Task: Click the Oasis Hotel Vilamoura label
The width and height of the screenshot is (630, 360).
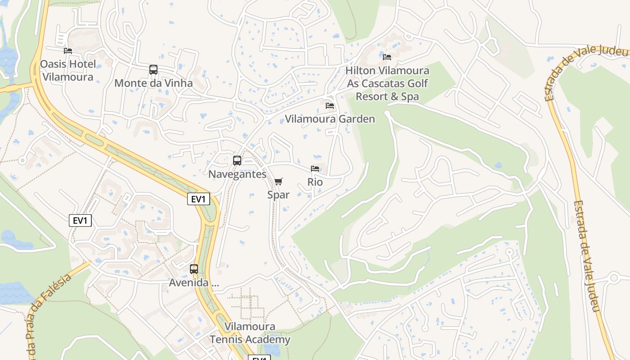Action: [68, 70]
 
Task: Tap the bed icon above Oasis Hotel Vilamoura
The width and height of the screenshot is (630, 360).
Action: [68, 51]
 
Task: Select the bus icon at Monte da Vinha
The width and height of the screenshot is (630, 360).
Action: [153, 70]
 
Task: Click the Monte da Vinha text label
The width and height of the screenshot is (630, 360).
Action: [153, 83]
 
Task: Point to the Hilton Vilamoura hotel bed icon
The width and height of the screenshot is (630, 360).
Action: [387, 57]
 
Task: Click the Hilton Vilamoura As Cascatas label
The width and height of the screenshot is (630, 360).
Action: [387, 84]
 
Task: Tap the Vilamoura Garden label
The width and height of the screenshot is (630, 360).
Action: [330, 119]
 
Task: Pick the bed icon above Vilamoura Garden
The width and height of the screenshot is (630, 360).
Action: [330, 106]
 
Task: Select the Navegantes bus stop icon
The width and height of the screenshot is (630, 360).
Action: [237, 161]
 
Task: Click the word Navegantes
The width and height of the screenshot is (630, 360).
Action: [237, 174]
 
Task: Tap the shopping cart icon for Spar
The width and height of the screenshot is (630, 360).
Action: [279, 181]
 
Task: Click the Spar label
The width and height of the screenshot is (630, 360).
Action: [279, 195]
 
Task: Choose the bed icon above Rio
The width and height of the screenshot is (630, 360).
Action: [315, 169]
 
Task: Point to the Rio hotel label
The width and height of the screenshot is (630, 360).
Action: [315, 182]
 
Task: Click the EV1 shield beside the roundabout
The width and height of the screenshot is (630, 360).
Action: [198, 199]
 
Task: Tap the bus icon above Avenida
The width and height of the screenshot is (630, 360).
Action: [194, 269]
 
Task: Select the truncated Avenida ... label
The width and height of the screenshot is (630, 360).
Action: [194, 283]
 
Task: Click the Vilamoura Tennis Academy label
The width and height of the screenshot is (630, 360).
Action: [250, 333]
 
